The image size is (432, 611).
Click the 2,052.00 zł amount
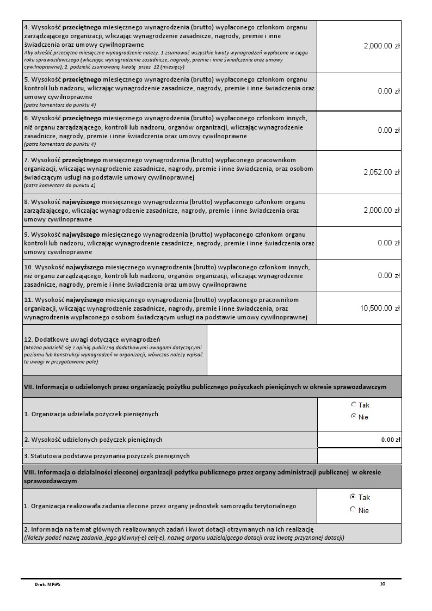[381, 172]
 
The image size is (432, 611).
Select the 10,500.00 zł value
[380, 308]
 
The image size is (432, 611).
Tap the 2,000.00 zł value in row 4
[381, 46]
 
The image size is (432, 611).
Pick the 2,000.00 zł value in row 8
[381, 210]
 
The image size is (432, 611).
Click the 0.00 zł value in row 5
[388, 91]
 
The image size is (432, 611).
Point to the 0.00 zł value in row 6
[388, 130]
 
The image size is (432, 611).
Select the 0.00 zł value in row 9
[388, 243]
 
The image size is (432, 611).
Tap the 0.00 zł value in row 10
[388, 275]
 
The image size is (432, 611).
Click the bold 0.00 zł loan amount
[391, 440]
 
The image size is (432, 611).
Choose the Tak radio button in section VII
[354, 405]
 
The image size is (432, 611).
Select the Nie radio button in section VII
[354, 417]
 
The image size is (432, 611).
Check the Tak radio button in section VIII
[353, 497]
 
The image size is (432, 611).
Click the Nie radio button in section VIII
[353, 510]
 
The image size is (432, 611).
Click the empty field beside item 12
[304, 350]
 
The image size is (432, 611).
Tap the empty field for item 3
[359, 456]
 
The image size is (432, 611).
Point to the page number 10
[382, 584]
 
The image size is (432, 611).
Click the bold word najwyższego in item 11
[87, 300]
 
